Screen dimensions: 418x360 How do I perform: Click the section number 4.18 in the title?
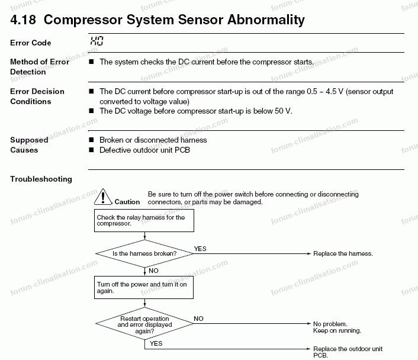click(23, 20)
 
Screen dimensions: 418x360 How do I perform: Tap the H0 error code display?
click(97, 41)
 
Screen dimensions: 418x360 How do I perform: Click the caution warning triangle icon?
click(103, 197)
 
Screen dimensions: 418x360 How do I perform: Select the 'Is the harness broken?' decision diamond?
click(144, 253)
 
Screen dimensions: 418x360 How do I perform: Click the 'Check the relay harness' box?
click(144, 220)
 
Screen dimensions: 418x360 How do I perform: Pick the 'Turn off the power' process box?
click(144, 287)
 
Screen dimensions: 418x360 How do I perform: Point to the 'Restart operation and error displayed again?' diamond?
click(144, 324)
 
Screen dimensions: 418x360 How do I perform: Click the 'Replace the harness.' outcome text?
click(343, 253)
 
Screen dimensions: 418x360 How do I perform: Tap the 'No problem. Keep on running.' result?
click(337, 327)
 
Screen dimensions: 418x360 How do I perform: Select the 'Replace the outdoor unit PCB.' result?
click(348, 352)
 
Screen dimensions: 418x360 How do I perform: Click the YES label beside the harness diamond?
click(200, 249)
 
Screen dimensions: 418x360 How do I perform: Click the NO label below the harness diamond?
click(153, 271)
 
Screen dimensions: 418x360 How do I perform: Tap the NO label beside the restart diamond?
click(198, 319)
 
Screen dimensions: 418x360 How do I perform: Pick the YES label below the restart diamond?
click(156, 343)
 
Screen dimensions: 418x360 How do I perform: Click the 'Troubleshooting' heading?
click(41, 179)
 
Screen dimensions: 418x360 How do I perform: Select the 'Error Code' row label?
click(31, 43)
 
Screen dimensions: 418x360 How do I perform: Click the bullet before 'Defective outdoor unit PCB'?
click(91, 150)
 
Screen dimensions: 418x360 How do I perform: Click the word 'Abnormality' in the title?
click(266, 20)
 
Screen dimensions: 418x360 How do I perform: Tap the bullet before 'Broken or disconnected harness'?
click(91, 140)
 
